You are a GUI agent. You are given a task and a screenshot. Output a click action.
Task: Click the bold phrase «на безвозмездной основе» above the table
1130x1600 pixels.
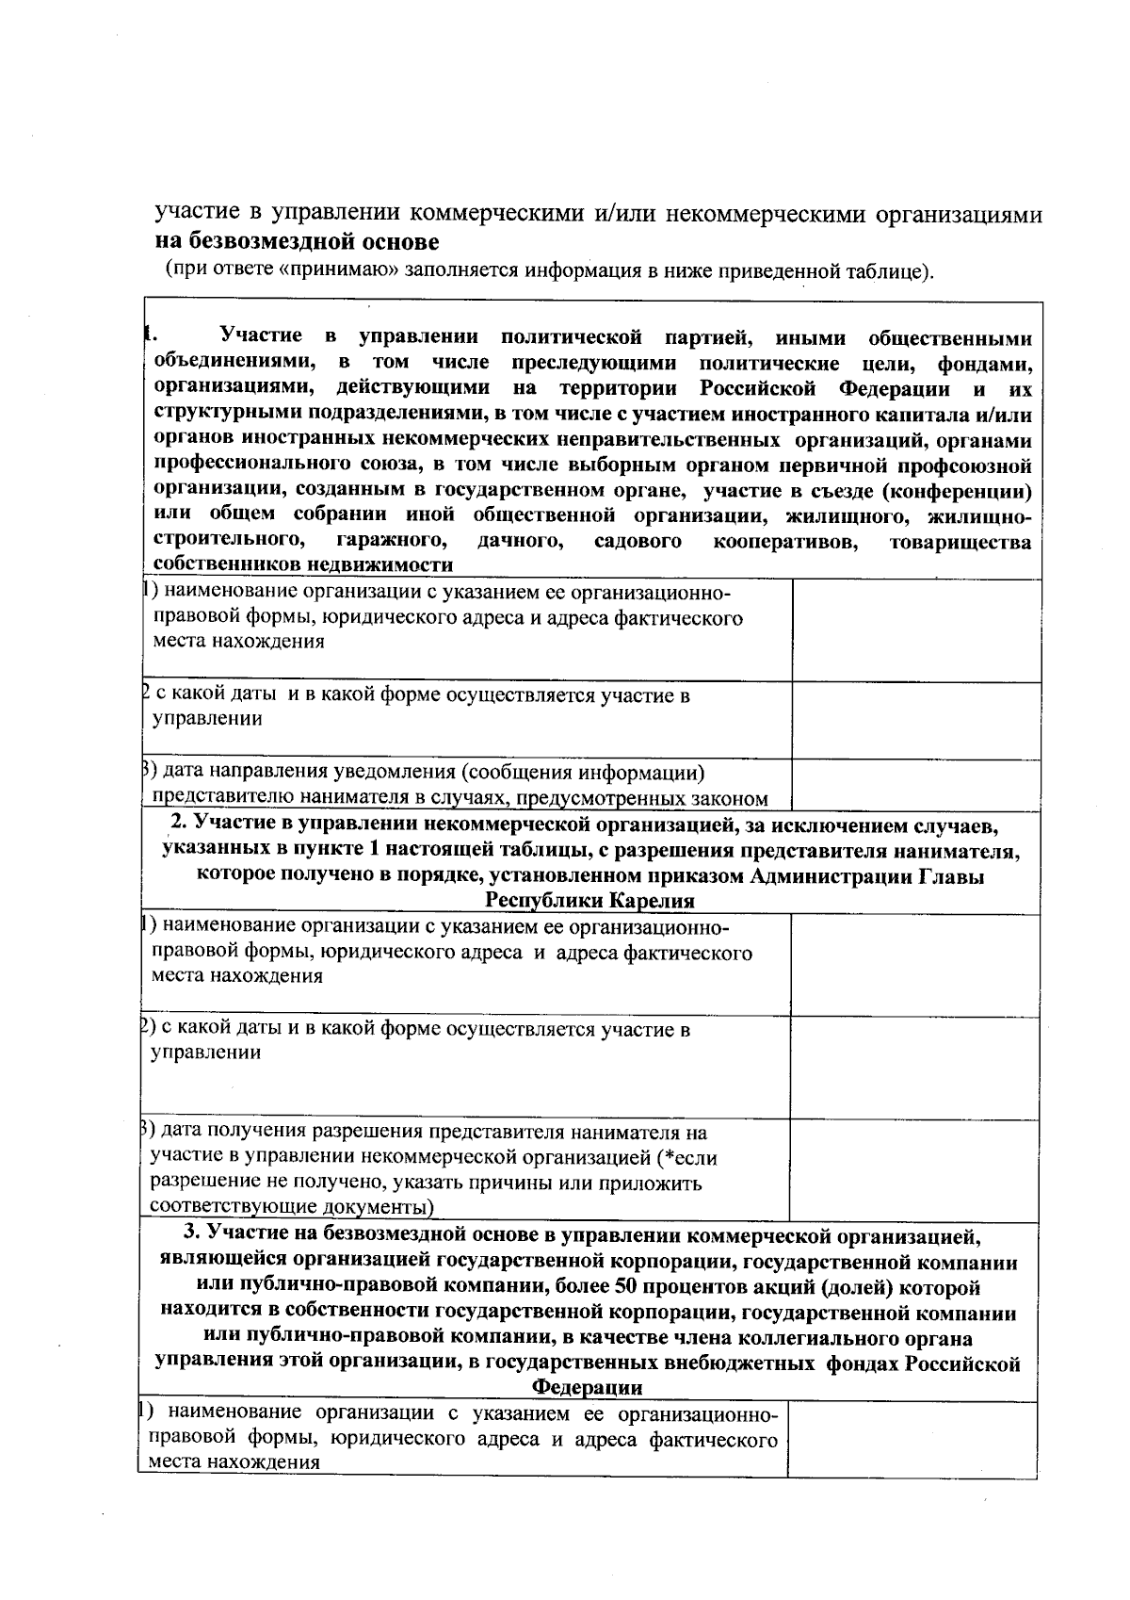(x=297, y=242)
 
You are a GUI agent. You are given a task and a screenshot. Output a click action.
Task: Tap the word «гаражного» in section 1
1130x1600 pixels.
(x=390, y=542)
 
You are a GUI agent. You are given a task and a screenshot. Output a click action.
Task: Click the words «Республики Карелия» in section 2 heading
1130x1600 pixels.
(x=589, y=901)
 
